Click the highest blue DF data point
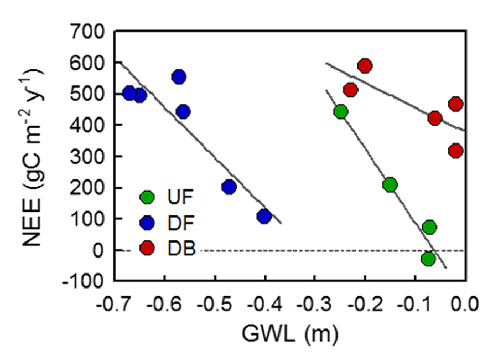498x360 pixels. (x=178, y=77)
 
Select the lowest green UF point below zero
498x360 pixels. (x=428, y=258)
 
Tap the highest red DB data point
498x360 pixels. (x=365, y=66)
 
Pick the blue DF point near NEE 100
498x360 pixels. (x=264, y=216)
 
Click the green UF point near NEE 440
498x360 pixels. (x=341, y=112)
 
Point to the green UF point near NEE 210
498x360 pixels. (x=390, y=184)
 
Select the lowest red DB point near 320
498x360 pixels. (x=455, y=151)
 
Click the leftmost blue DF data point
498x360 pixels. (x=129, y=93)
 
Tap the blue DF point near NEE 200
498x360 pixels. (x=229, y=187)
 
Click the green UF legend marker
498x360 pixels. (x=147, y=197)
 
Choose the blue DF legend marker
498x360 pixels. (x=147, y=223)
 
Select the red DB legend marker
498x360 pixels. (x=147, y=249)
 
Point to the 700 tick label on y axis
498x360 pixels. (x=89, y=32)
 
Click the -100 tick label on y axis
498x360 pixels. (x=86, y=281)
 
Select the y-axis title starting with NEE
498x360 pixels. (x=34, y=156)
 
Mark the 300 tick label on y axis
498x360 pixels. (x=89, y=157)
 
